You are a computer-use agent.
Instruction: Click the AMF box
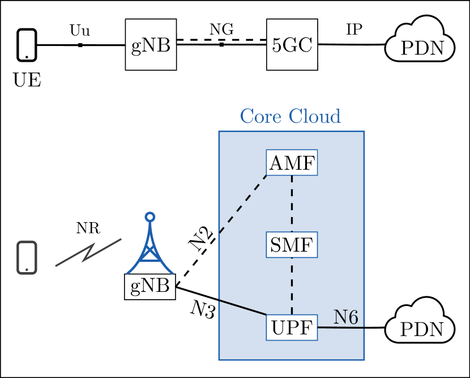point(292,163)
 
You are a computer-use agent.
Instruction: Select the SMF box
point(292,245)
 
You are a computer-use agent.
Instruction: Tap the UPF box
point(292,328)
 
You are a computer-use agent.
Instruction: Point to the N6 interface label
point(345,318)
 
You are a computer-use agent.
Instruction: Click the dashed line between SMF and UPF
point(292,286)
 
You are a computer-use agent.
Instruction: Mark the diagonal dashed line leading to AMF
point(242,205)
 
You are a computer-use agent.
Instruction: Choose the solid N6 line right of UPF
point(341,328)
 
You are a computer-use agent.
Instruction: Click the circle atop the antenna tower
point(150,216)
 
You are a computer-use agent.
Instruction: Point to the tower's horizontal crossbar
point(150,261)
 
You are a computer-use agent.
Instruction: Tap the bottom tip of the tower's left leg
point(128,273)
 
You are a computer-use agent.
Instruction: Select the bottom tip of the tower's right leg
point(172,273)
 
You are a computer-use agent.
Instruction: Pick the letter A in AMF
point(276,163)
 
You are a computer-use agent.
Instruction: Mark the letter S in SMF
point(275,245)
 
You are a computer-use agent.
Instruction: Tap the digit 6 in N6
point(353,318)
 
